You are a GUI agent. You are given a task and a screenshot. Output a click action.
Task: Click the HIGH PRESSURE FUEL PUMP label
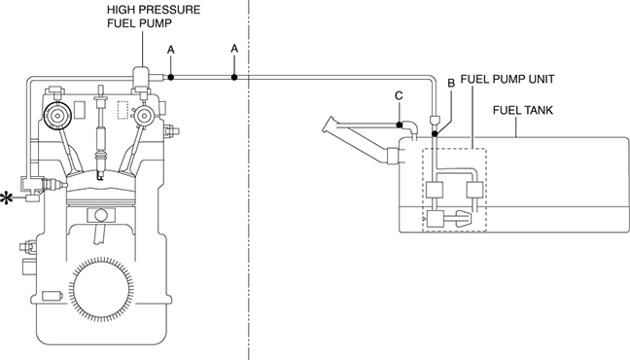154,17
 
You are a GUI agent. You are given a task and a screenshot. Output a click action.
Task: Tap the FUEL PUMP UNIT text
507,79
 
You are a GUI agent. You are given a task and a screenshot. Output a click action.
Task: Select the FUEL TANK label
523,110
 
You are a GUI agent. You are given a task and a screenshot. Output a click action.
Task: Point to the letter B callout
451,83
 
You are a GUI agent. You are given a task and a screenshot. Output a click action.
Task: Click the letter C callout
399,95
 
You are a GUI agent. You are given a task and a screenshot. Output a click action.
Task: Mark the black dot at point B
435,133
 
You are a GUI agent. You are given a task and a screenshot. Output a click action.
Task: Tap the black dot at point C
399,125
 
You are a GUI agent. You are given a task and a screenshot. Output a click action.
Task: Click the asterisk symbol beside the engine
7,198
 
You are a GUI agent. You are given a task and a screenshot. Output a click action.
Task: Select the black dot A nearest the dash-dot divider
234,77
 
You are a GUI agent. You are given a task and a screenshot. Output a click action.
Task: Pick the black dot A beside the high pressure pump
171,77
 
